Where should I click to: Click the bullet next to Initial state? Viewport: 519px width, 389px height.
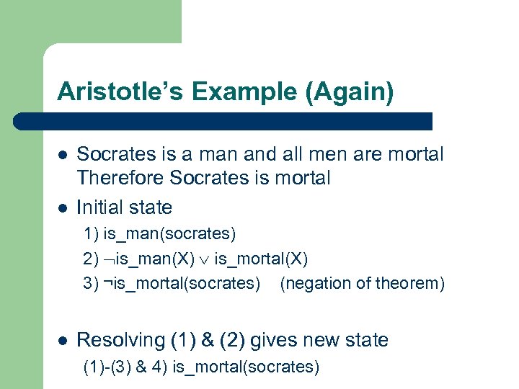[x=63, y=208]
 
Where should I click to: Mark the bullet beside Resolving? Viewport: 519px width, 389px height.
[x=63, y=340]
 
